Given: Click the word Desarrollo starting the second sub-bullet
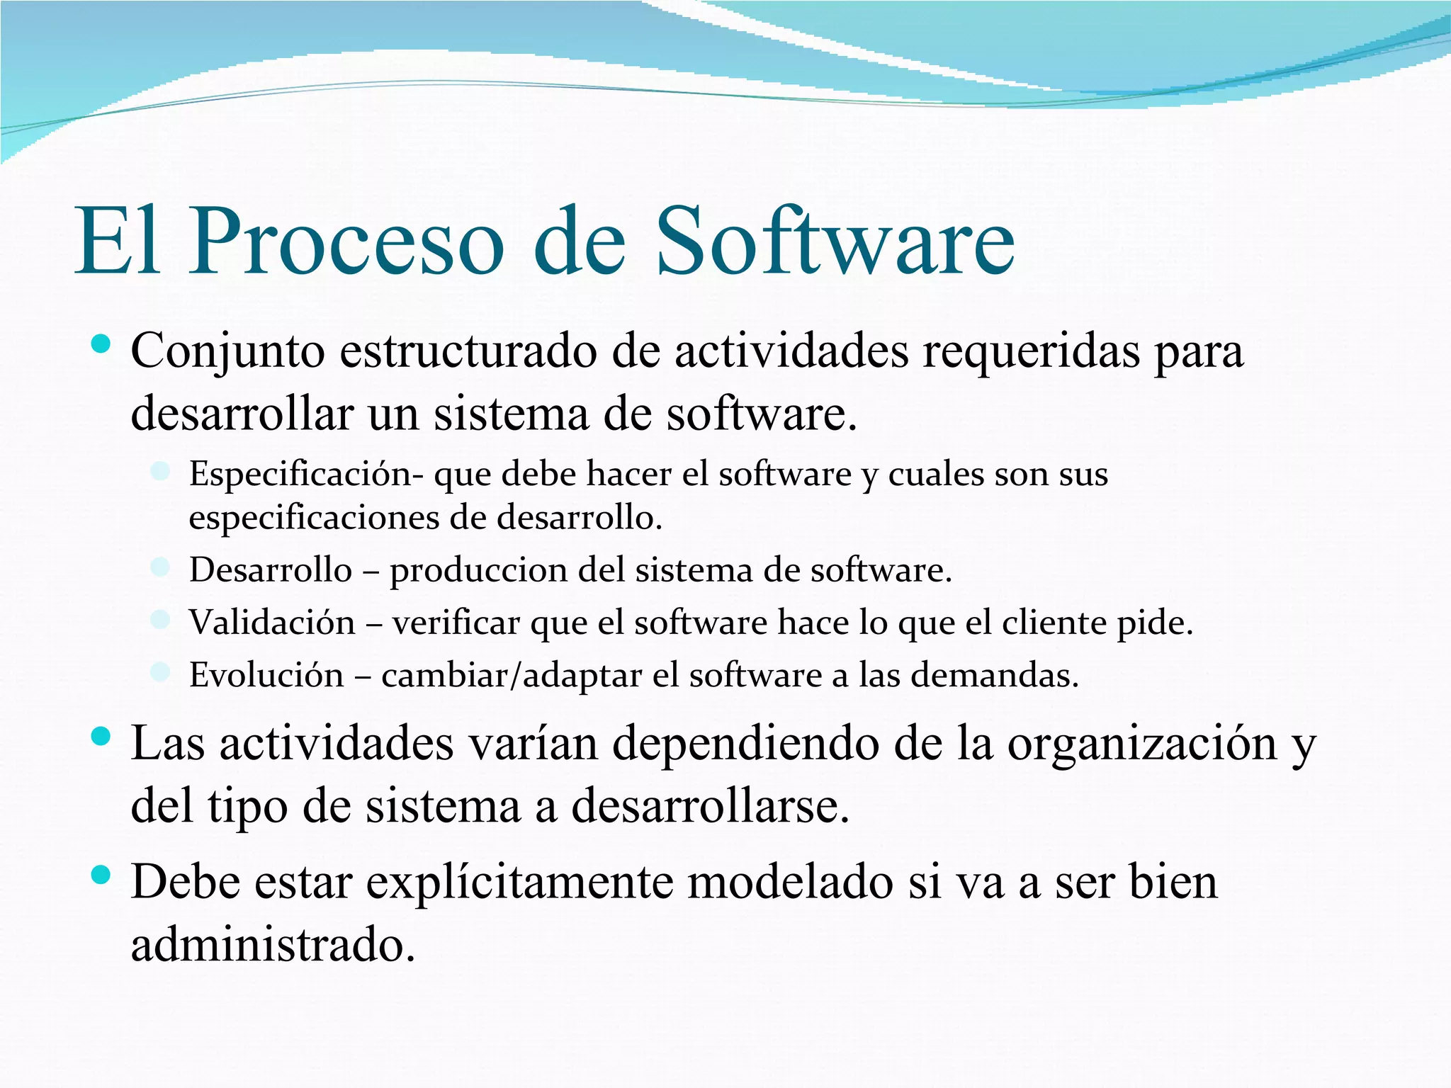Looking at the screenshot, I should [x=271, y=570].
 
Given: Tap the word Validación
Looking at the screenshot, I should [x=272, y=623].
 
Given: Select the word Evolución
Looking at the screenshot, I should [x=266, y=675].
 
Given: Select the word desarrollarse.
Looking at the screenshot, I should [x=710, y=806].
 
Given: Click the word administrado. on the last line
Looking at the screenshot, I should [x=273, y=945].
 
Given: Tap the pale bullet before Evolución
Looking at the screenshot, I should [x=161, y=671].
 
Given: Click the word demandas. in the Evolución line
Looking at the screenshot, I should [x=994, y=675].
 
